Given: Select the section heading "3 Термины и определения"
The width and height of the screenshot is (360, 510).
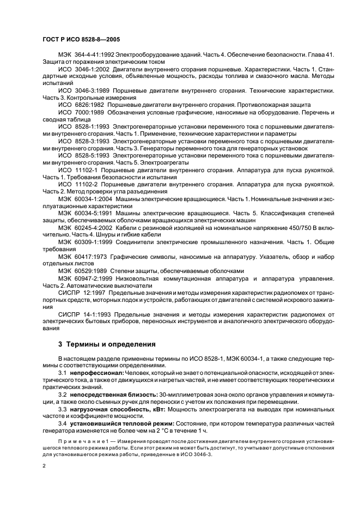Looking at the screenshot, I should (107, 344).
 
